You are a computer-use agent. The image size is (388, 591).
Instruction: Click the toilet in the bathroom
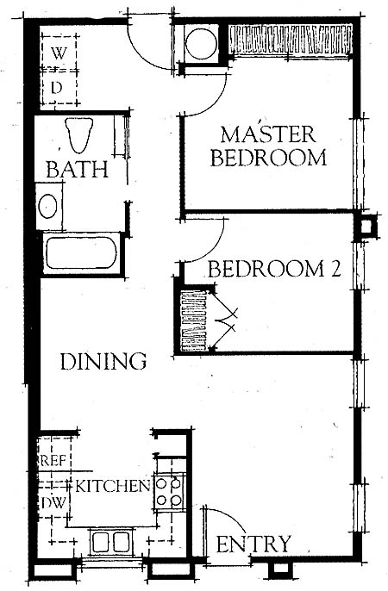click(x=78, y=135)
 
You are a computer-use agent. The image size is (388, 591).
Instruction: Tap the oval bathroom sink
click(x=48, y=206)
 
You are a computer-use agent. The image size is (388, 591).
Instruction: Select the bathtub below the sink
click(x=81, y=253)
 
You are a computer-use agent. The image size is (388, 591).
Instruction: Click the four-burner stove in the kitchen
click(x=169, y=491)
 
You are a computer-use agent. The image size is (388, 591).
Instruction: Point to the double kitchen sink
click(x=111, y=543)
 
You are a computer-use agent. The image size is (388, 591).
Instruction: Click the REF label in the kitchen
click(x=53, y=461)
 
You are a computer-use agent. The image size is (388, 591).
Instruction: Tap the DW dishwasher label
click(x=53, y=502)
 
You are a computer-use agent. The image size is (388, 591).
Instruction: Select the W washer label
click(x=58, y=53)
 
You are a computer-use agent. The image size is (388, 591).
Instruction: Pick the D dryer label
click(x=56, y=88)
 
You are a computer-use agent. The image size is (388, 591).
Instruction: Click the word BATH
click(x=78, y=169)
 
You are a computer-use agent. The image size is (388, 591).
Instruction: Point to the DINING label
click(x=103, y=361)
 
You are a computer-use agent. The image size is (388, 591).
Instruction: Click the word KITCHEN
click(x=113, y=486)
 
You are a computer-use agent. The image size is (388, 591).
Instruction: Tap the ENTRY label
click(x=253, y=544)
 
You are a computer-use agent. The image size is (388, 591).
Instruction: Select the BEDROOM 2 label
click(x=274, y=269)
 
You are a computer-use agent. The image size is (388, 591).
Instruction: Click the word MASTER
click(x=268, y=134)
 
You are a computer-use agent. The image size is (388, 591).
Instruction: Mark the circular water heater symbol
click(x=202, y=43)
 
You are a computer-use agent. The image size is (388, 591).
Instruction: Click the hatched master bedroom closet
click(x=291, y=40)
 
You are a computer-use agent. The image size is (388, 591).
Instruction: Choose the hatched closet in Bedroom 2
click(x=194, y=321)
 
